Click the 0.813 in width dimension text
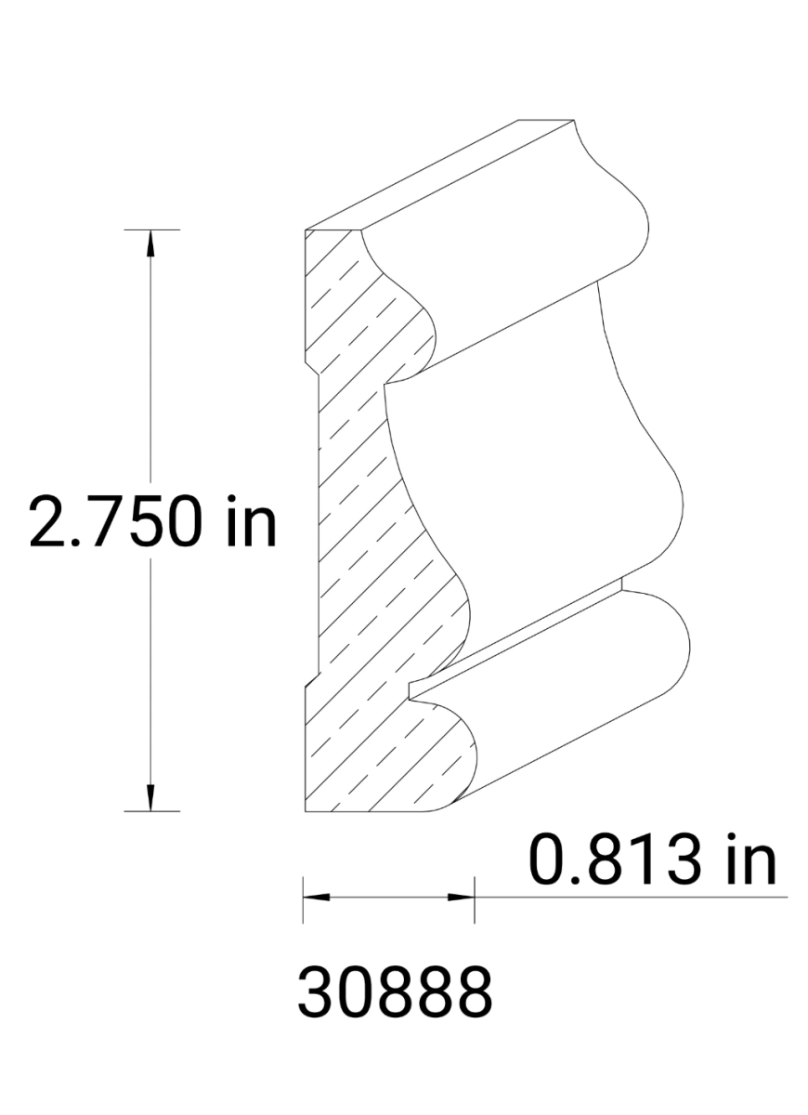click(652, 859)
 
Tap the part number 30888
click(395, 991)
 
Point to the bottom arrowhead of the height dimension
click(151, 797)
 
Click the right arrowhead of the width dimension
click(462, 898)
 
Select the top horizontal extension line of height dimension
click(151, 229)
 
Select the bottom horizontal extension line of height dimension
click(151, 811)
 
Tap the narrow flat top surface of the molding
click(446, 172)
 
